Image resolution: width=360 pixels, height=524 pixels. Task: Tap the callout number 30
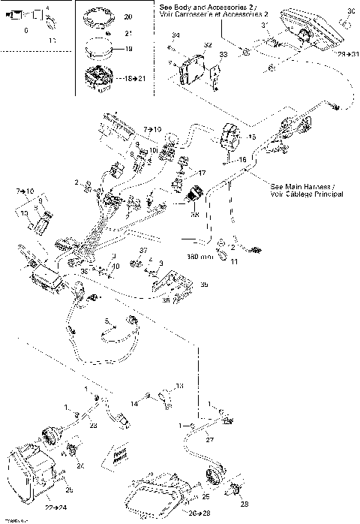tap(352, 10)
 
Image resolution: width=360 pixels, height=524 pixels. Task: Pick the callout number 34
tap(175, 36)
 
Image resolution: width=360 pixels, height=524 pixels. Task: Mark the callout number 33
tap(222, 55)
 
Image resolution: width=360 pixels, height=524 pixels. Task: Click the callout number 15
tap(251, 137)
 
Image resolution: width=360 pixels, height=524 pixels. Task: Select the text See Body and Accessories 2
tap(213, 7)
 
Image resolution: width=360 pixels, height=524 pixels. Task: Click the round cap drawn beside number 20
tap(102, 17)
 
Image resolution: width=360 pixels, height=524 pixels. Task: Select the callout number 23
tap(94, 426)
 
